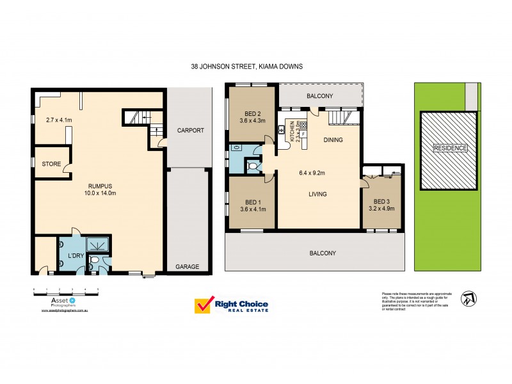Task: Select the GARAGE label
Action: (188, 267)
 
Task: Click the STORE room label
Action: (51, 164)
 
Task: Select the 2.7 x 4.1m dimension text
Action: (59, 119)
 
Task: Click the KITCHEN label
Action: (292, 131)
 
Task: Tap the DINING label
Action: (333, 140)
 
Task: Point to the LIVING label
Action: (317, 195)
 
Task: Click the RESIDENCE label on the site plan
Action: (450, 148)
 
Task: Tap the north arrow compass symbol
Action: (470, 298)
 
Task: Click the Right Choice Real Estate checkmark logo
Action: (204, 306)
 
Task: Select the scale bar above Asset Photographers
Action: (65, 291)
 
